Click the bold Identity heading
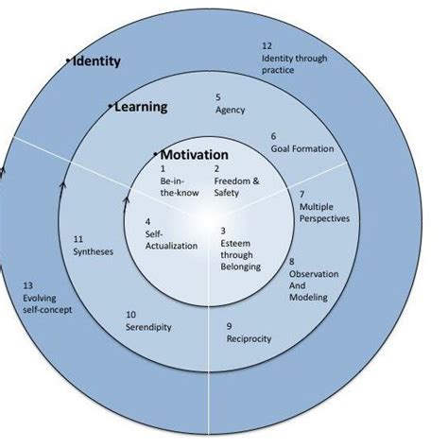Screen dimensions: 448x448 (x=96, y=61)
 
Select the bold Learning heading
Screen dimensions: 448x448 (x=140, y=107)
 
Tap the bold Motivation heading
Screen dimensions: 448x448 (x=194, y=155)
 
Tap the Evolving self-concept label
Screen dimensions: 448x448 (x=46, y=298)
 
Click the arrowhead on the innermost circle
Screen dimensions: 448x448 (x=127, y=199)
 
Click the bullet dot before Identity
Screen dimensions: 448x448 (x=69, y=61)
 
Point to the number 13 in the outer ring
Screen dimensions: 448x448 (x=27, y=285)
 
